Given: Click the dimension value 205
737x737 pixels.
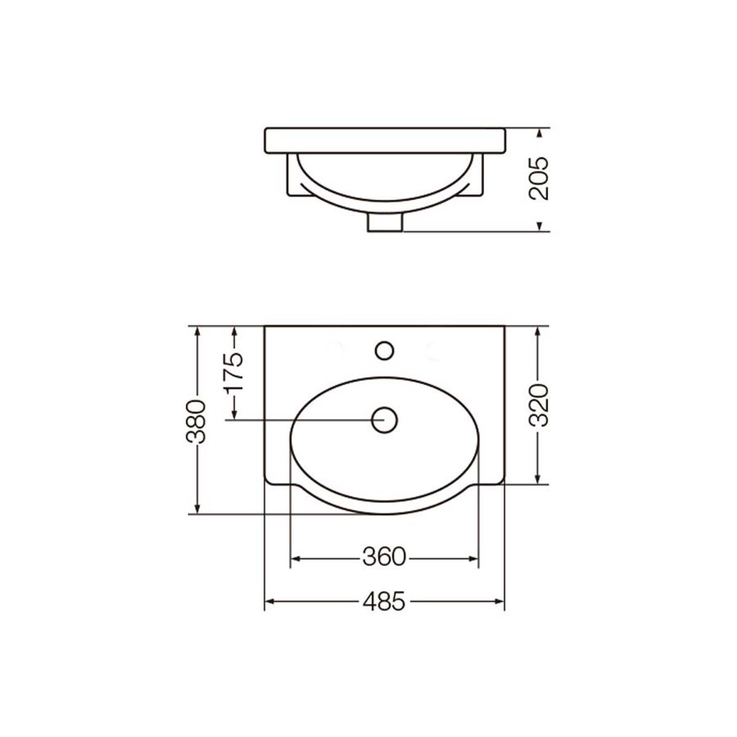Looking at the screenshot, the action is point(539,178).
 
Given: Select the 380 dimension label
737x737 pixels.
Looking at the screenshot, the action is point(196,421).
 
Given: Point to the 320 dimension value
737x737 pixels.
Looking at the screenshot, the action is point(539,405).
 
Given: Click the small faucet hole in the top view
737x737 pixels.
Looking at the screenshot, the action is point(384,351).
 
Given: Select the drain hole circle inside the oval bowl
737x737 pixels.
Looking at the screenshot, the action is point(384,420).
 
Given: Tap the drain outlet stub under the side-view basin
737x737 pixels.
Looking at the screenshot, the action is point(384,222).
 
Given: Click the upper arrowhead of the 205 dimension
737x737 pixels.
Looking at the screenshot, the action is point(539,133).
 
